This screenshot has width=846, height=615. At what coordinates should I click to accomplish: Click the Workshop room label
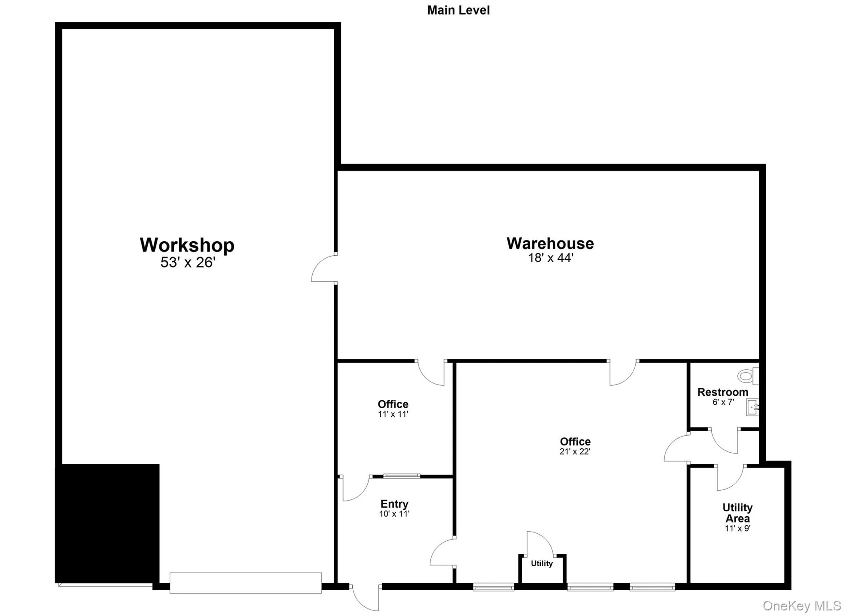click(187, 245)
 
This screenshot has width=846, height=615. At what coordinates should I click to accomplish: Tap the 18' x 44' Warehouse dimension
click(550, 258)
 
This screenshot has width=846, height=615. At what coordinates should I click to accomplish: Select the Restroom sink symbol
click(752, 407)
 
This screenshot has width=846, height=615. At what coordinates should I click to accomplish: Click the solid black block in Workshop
click(107, 523)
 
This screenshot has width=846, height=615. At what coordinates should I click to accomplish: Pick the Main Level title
click(458, 10)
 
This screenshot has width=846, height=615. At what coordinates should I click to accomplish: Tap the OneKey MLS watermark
click(801, 606)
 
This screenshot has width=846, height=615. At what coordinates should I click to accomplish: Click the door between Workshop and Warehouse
click(324, 268)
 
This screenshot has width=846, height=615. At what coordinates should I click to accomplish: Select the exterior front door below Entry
click(365, 598)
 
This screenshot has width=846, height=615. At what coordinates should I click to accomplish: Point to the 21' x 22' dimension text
click(575, 452)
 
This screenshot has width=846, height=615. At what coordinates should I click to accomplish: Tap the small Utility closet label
click(542, 563)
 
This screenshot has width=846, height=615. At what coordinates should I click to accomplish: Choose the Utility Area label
click(737, 513)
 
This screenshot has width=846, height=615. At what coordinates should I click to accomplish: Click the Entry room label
click(394, 504)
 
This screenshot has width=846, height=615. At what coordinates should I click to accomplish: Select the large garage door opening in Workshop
click(245, 583)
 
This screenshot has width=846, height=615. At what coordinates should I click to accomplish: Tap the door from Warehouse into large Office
click(623, 373)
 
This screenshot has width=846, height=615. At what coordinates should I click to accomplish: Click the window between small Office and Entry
click(402, 476)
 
